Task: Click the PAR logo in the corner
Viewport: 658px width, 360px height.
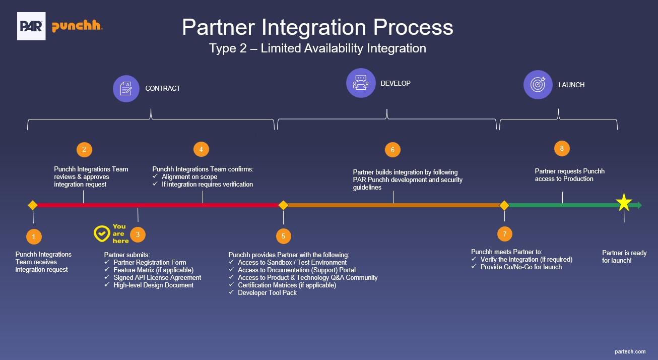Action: coord(31,26)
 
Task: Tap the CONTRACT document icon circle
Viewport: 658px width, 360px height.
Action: coord(126,88)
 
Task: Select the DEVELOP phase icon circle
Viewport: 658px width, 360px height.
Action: coord(361,83)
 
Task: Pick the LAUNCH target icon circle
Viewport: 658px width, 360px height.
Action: coord(538,84)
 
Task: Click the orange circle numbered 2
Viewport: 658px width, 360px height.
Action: coord(84,149)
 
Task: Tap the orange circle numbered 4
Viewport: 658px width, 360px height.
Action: coord(201,149)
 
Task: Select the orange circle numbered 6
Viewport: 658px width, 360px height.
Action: coord(392,150)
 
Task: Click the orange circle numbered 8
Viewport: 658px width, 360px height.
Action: coord(562,148)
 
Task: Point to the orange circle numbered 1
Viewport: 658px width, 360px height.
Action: coord(33,236)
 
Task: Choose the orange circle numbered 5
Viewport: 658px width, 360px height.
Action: coord(283,236)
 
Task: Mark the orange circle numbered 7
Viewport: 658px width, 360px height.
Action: coord(504,234)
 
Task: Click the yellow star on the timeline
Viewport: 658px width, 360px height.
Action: coord(624,203)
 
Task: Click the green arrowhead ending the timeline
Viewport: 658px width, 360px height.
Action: coord(639,205)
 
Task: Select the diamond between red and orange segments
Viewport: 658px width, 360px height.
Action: coord(283,205)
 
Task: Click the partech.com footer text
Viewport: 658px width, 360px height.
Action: coord(630,351)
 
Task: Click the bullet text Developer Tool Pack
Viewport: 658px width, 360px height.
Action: coord(267,292)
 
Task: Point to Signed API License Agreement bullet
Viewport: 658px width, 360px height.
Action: coord(157,277)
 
